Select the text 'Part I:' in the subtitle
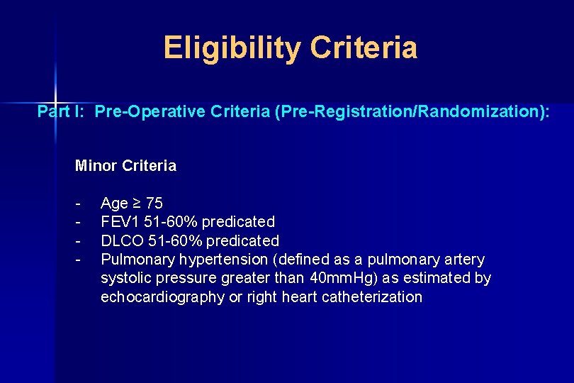62,111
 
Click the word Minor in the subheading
96,166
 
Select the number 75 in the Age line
154,204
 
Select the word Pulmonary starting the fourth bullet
133,260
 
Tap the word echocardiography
162,297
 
